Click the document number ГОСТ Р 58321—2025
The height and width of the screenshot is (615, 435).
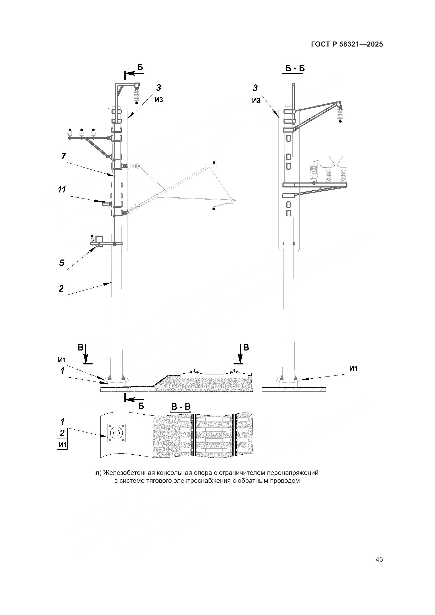[347, 44]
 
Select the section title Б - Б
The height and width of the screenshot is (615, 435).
[295, 69]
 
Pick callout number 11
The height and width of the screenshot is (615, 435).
[62, 190]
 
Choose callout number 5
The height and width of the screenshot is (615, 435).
[62, 263]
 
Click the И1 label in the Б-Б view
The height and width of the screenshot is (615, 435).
[353, 369]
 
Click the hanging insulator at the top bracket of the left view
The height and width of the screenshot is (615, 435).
[136, 95]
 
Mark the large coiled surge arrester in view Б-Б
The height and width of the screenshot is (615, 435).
[313, 172]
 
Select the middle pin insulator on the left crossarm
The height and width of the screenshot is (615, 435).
[82, 133]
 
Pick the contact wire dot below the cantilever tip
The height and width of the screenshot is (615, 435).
[214, 209]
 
